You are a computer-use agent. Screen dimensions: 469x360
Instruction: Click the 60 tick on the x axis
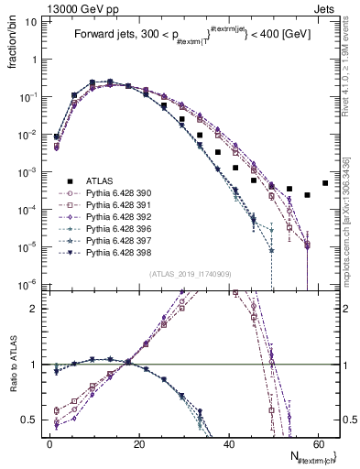point(318,443)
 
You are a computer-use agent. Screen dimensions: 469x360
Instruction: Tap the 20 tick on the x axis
point(139,443)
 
